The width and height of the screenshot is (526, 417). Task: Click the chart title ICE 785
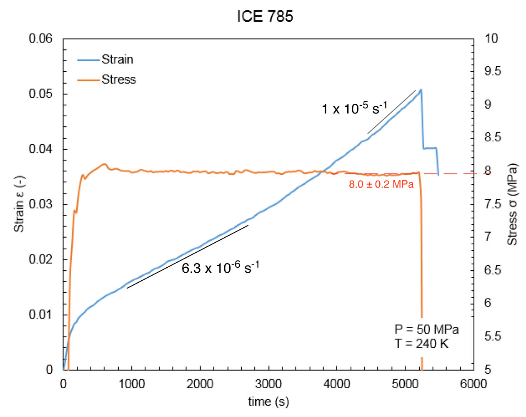265,16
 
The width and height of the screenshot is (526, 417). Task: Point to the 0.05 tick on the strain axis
40,94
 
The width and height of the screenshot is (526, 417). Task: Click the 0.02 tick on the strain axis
40,259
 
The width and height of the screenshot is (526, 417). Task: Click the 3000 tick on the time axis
268,384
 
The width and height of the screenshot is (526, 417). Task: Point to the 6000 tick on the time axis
473,384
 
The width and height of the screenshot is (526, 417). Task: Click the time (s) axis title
268,402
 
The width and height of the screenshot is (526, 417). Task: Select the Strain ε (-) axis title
19,204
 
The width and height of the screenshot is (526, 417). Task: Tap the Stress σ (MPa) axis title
512,204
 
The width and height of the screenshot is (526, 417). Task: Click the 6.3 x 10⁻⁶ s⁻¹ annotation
220,267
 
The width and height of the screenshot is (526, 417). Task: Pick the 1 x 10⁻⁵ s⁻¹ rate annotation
354,108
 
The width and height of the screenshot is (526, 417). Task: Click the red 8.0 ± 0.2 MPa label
381,184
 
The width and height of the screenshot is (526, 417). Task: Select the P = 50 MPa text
426,329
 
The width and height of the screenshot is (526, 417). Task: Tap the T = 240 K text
421,344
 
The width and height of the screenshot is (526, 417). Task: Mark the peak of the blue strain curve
421,89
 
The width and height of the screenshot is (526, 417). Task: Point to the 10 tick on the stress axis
491,38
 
